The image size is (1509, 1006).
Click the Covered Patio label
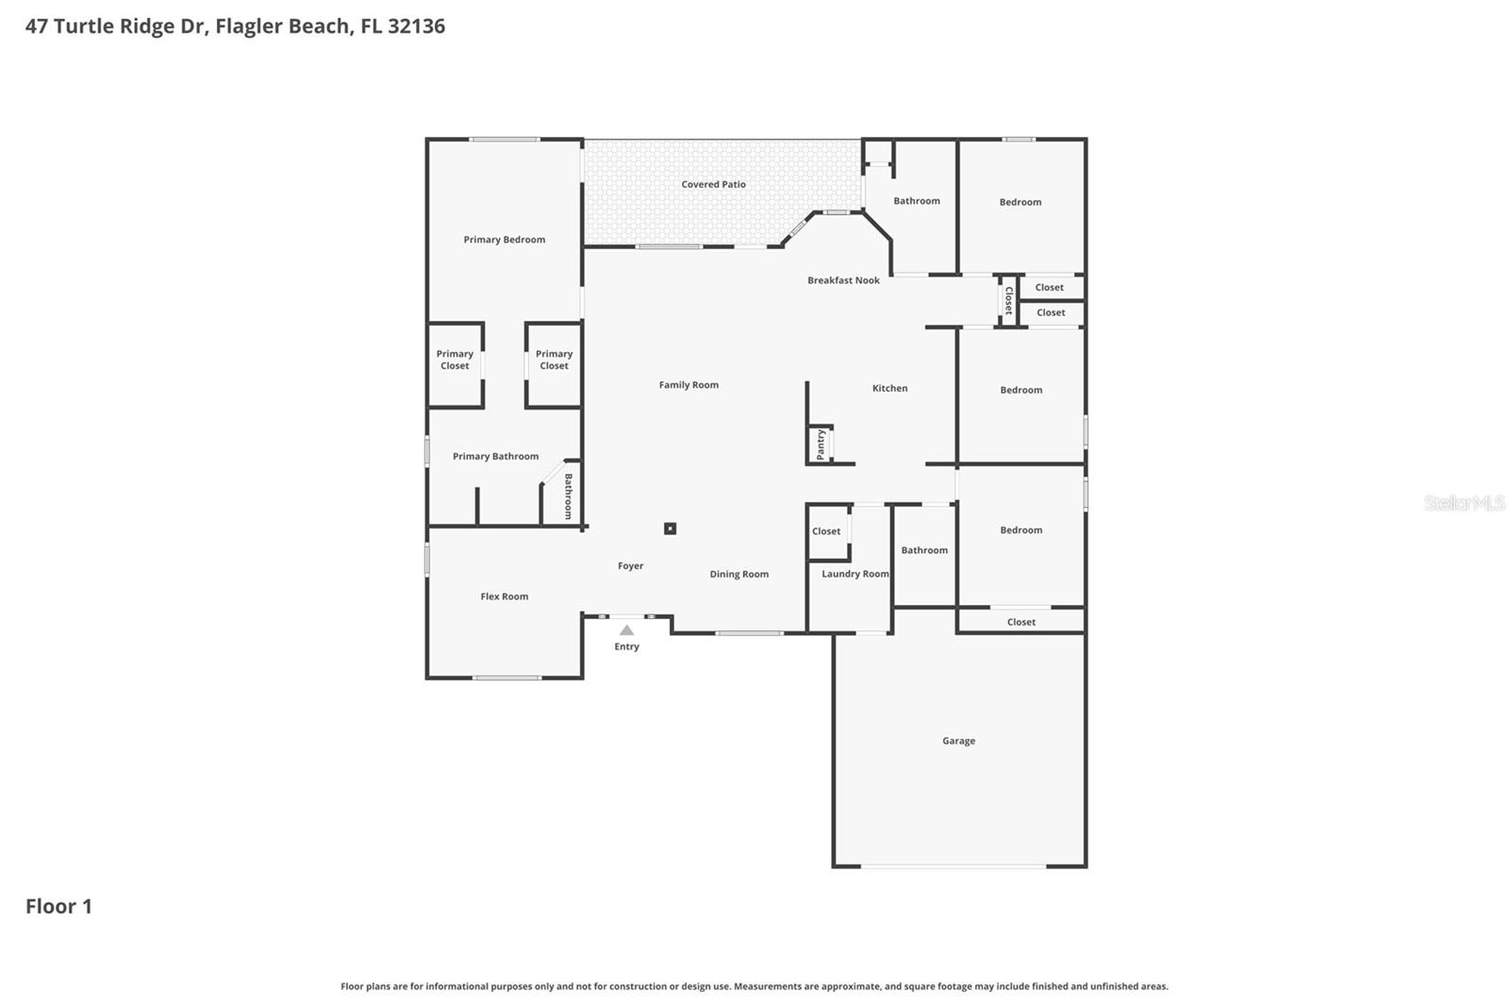[713, 185]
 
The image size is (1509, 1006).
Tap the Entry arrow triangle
[626, 630]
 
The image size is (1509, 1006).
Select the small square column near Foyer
[670, 528]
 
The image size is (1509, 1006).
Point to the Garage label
[958, 741]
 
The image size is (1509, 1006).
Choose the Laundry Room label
[854, 574]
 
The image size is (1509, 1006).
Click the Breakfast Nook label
[843, 280]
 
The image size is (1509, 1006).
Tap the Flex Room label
[504, 596]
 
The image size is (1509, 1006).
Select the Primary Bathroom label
[495, 457]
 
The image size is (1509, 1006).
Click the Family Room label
[688, 385]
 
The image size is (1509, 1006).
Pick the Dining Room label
[738, 574]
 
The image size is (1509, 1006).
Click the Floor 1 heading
[58, 906]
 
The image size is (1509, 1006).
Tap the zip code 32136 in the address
[416, 26]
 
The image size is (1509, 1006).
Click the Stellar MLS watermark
[1464, 503]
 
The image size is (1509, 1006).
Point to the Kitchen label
[889, 388]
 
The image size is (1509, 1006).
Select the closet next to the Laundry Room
[827, 532]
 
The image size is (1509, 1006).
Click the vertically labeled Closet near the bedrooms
[1008, 301]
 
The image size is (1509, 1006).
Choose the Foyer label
[630, 566]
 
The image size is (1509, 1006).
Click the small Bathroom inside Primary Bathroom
[567, 495]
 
